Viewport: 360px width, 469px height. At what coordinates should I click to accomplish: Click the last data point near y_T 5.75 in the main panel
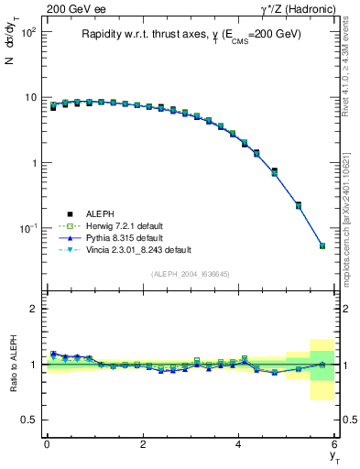(x=322, y=245)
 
